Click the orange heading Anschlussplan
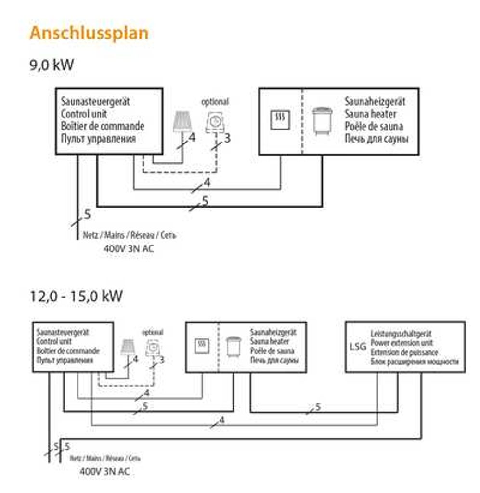tap(89, 33)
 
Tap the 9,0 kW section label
tap(52, 65)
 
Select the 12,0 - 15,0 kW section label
tap(76, 296)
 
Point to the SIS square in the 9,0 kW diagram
tap(280, 118)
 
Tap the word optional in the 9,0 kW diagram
tap(215, 102)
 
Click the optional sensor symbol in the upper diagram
tap(215, 121)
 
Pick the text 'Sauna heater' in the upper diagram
tap(370, 115)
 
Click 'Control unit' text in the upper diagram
tap(84, 115)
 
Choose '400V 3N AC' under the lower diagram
tap(104, 471)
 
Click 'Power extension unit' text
tap(402, 343)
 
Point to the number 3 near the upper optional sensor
tap(227, 139)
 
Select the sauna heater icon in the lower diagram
tap(234, 346)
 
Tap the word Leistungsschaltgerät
tap(401, 333)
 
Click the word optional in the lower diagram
tap(153, 332)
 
